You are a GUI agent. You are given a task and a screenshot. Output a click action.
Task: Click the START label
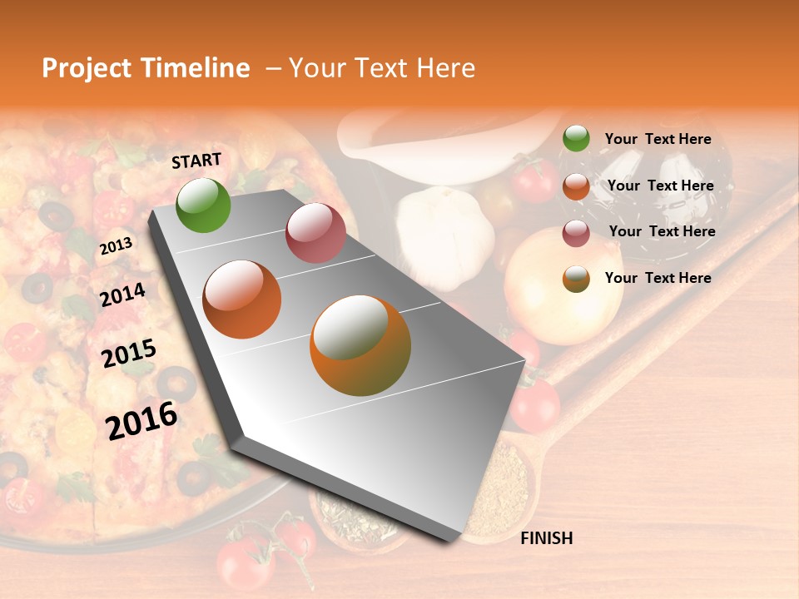pyautogui.click(x=196, y=161)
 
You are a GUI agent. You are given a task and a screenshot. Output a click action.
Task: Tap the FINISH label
pyautogui.click(x=546, y=538)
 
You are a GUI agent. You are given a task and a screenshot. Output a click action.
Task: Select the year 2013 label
pyautogui.click(x=116, y=246)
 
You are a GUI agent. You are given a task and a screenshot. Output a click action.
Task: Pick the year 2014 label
pyautogui.click(x=122, y=295)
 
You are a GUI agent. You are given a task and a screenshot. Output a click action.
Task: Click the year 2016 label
pyautogui.click(x=141, y=420)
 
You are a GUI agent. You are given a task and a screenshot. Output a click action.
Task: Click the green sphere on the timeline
pyautogui.click(x=203, y=205)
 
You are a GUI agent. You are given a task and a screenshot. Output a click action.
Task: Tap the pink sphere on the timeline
pyautogui.click(x=315, y=233)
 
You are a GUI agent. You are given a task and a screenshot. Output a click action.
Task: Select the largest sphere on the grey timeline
pyautogui.click(x=360, y=345)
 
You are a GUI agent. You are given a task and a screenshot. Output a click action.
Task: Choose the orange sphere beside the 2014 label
pyautogui.click(x=242, y=299)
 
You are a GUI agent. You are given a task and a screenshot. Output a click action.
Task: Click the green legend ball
pyautogui.click(x=576, y=139)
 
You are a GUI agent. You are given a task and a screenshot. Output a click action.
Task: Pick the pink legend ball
pyautogui.click(x=576, y=233)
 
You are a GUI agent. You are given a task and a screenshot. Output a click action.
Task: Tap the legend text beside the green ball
pyautogui.click(x=658, y=140)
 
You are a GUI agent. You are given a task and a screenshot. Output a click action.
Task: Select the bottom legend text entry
pyautogui.click(x=658, y=278)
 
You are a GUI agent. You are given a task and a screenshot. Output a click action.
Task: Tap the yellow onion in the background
pyautogui.click(x=563, y=286)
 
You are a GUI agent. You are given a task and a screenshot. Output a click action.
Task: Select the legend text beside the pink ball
pyautogui.click(x=662, y=231)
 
